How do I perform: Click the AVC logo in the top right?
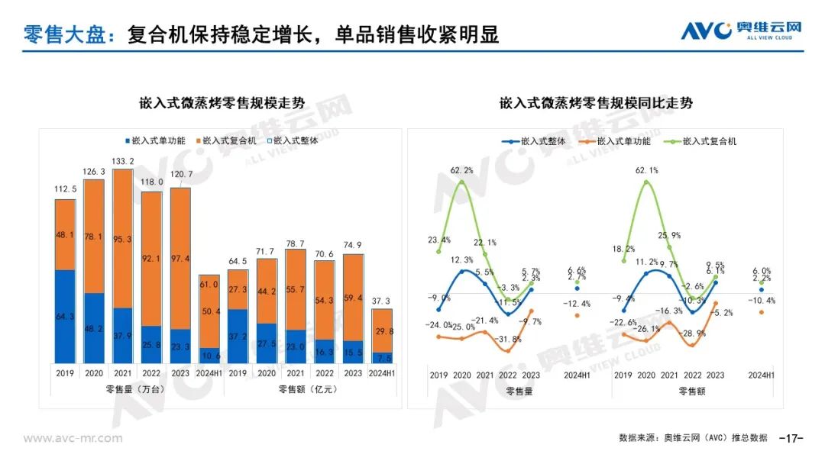(x=741, y=31)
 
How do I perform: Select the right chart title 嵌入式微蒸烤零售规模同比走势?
(x=596, y=103)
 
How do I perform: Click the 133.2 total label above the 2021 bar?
(x=122, y=161)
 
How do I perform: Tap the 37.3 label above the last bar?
(x=382, y=301)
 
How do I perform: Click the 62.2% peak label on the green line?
(x=461, y=171)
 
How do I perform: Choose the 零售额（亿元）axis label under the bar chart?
(x=309, y=389)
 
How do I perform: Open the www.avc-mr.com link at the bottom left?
(x=73, y=438)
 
